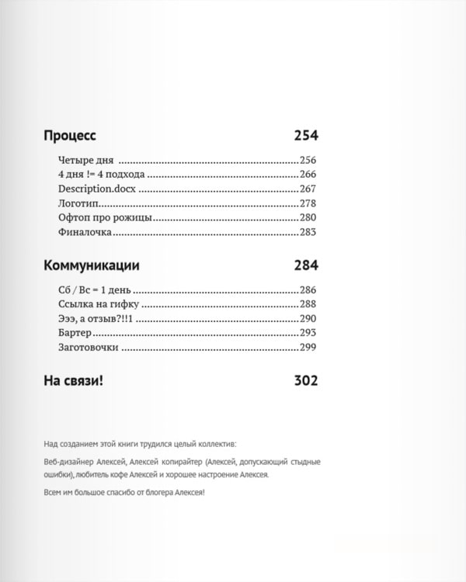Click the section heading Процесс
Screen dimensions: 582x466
pos(70,135)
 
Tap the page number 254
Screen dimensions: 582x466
pos(306,135)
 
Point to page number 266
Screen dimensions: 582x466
pos(309,175)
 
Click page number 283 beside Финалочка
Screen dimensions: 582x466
pos(309,232)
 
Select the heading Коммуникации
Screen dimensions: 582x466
pos(92,265)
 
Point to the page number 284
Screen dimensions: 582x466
pos(306,265)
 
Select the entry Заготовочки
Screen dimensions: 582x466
pos(88,348)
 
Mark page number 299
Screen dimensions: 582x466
pos(309,348)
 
